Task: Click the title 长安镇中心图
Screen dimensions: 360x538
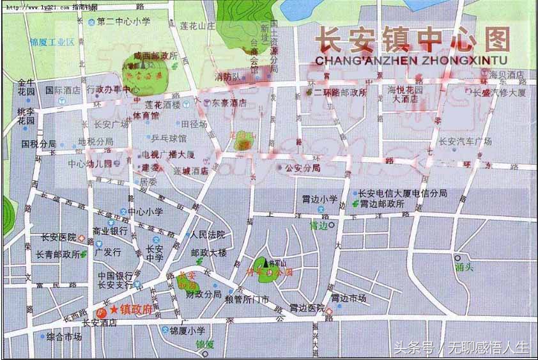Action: pyautogui.click(x=413, y=40)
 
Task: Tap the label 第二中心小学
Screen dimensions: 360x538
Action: pyautogui.click(x=123, y=22)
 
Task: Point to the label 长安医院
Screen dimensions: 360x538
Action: pyautogui.click(x=58, y=237)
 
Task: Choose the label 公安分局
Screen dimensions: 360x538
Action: pyautogui.click(x=302, y=168)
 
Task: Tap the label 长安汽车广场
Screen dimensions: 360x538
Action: pyautogui.click(x=465, y=141)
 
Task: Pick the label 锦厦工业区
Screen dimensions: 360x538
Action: pyautogui.click(x=52, y=42)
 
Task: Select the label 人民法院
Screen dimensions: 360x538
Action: pyautogui.click(x=208, y=235)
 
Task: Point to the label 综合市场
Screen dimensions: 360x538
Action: pyautogui.click(x=64, y=336)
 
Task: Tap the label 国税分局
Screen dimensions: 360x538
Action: pyautogui.click(x=38, y=144)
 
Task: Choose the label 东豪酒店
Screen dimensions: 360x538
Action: pyautogui.click(x=229, y=102)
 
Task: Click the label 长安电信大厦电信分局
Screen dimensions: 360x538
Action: pyautogui.click(x=403, y=193)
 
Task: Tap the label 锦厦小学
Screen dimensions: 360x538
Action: pyautogui.click(x=187, y=331)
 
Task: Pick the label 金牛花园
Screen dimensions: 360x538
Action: pyautogui.click(x=26, y=87)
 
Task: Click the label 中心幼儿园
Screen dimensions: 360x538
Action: pyautogui.click(x=90, y=163)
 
